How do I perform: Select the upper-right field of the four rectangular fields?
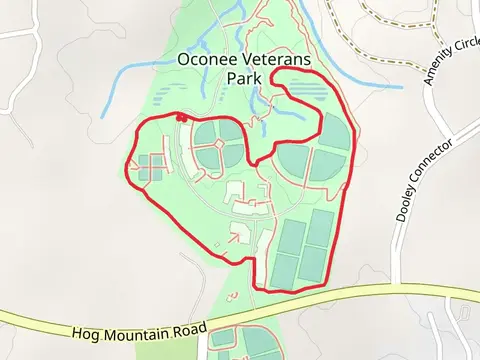coord(320,228)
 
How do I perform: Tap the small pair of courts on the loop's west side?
coord(151,167)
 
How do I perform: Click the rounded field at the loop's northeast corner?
coord(334,132)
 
